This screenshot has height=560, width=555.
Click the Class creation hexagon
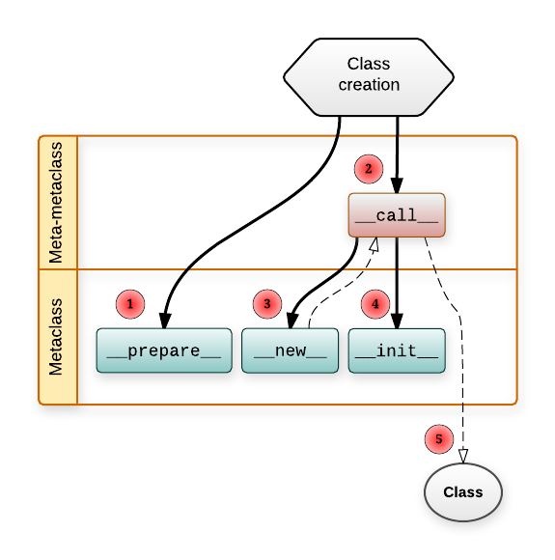tap(369, 74)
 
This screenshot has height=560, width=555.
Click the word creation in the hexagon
tap(369, 85)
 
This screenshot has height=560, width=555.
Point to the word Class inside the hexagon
tap(369, 64)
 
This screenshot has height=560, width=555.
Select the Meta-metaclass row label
tap(58, 202)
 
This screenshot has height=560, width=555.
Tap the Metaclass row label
tap(58, 336)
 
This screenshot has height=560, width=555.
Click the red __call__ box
tap(397, 215)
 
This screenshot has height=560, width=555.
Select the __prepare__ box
tap(164, 350)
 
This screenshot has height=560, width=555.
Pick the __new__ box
tap(290, 350)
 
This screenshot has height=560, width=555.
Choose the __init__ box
tap(397, 350)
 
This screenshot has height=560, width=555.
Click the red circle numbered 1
tap(130, 304)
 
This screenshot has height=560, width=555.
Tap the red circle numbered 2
tap(368, 169)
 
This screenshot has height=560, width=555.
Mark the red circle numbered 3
tap(267, 304)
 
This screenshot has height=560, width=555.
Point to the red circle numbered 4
tap(375, 304)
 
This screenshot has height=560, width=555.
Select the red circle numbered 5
tap(439, 439)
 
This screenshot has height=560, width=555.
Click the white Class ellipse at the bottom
tap(463, 492)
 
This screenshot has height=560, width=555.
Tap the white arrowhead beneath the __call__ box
tap(372, 244)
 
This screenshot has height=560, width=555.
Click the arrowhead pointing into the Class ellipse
tap(463, 455)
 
